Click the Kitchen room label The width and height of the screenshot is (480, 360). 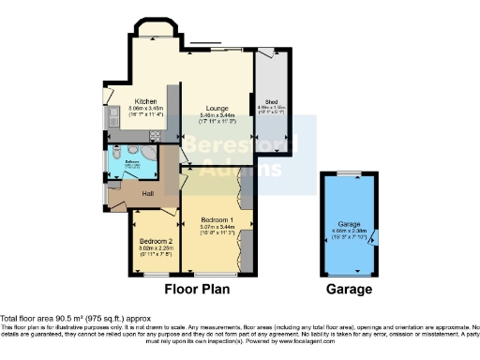click(144, 100)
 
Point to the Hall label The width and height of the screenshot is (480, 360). click(148, 193)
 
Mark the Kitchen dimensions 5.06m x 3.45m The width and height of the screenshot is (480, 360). click(144, 108)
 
